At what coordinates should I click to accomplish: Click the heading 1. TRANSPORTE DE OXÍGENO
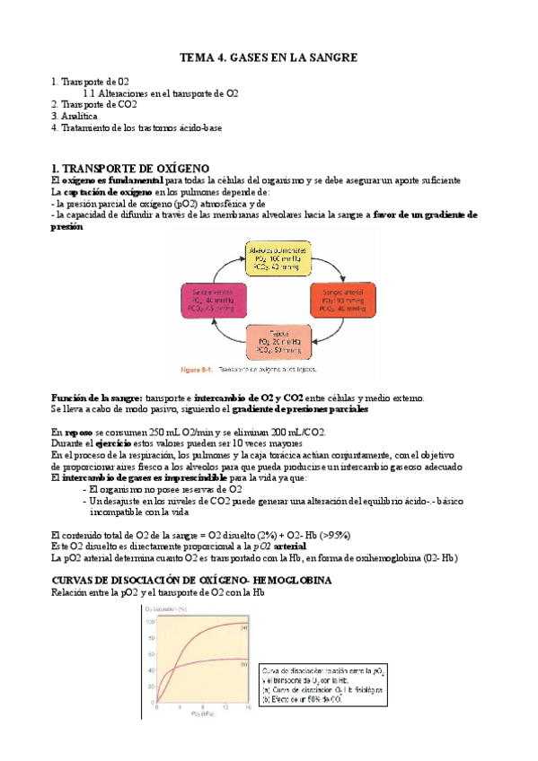click(x=130, y=168)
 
